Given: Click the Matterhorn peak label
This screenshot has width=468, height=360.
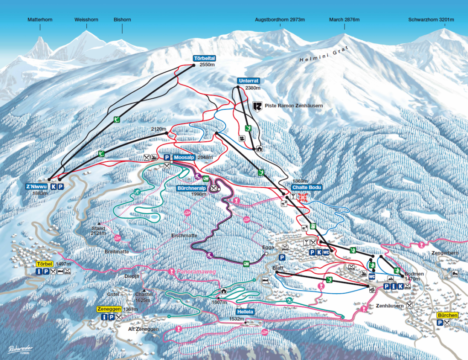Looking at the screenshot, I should pyautogui.click(x=40, y=20).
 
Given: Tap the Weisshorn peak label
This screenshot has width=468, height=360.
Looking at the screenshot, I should pyautogui.click(x=86, y=20).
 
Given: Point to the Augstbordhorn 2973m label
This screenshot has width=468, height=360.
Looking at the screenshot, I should pyautogui.click(x=280, y=20).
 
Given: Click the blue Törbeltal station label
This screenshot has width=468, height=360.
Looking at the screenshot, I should pyautogui.click(x=204, y=58).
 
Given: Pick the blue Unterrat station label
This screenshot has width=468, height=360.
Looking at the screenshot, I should pyautogui.click(x=245, y=81).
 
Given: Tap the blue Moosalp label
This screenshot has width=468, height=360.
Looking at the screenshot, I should pyautogui.click(x=185, y=157).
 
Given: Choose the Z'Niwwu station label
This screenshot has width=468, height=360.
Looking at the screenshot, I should pyautogui.click(x=37, y=186).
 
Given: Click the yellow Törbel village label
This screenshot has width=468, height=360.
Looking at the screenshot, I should pyautogui.click(x=45, y=264).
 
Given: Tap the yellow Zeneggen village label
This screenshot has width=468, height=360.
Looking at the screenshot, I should pyautogui.click(x=108, y=309).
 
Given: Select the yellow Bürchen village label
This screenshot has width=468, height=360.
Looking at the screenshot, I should pyautogui.click(x=447, y=315).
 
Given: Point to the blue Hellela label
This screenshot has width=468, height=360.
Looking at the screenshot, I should pyautogui.click(x=245, y=312).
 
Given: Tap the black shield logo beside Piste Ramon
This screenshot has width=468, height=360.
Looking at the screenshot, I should pyautogui.click(x=257, y=106).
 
